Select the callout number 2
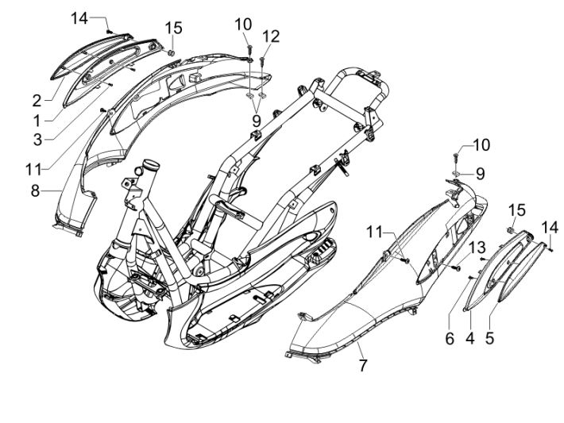[37, 100]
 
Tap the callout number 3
[37, 138]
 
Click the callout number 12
[272, 36]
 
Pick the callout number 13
[476, 249]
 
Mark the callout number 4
[469, 337]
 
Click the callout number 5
[490, 337]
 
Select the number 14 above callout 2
[80, 17]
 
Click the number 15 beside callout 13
[517, 210]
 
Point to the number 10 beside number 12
[243, 25]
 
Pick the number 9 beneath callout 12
[256, 121]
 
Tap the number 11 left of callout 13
[375, 232]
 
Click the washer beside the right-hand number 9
[460, 172]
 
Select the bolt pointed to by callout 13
[457, 269]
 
